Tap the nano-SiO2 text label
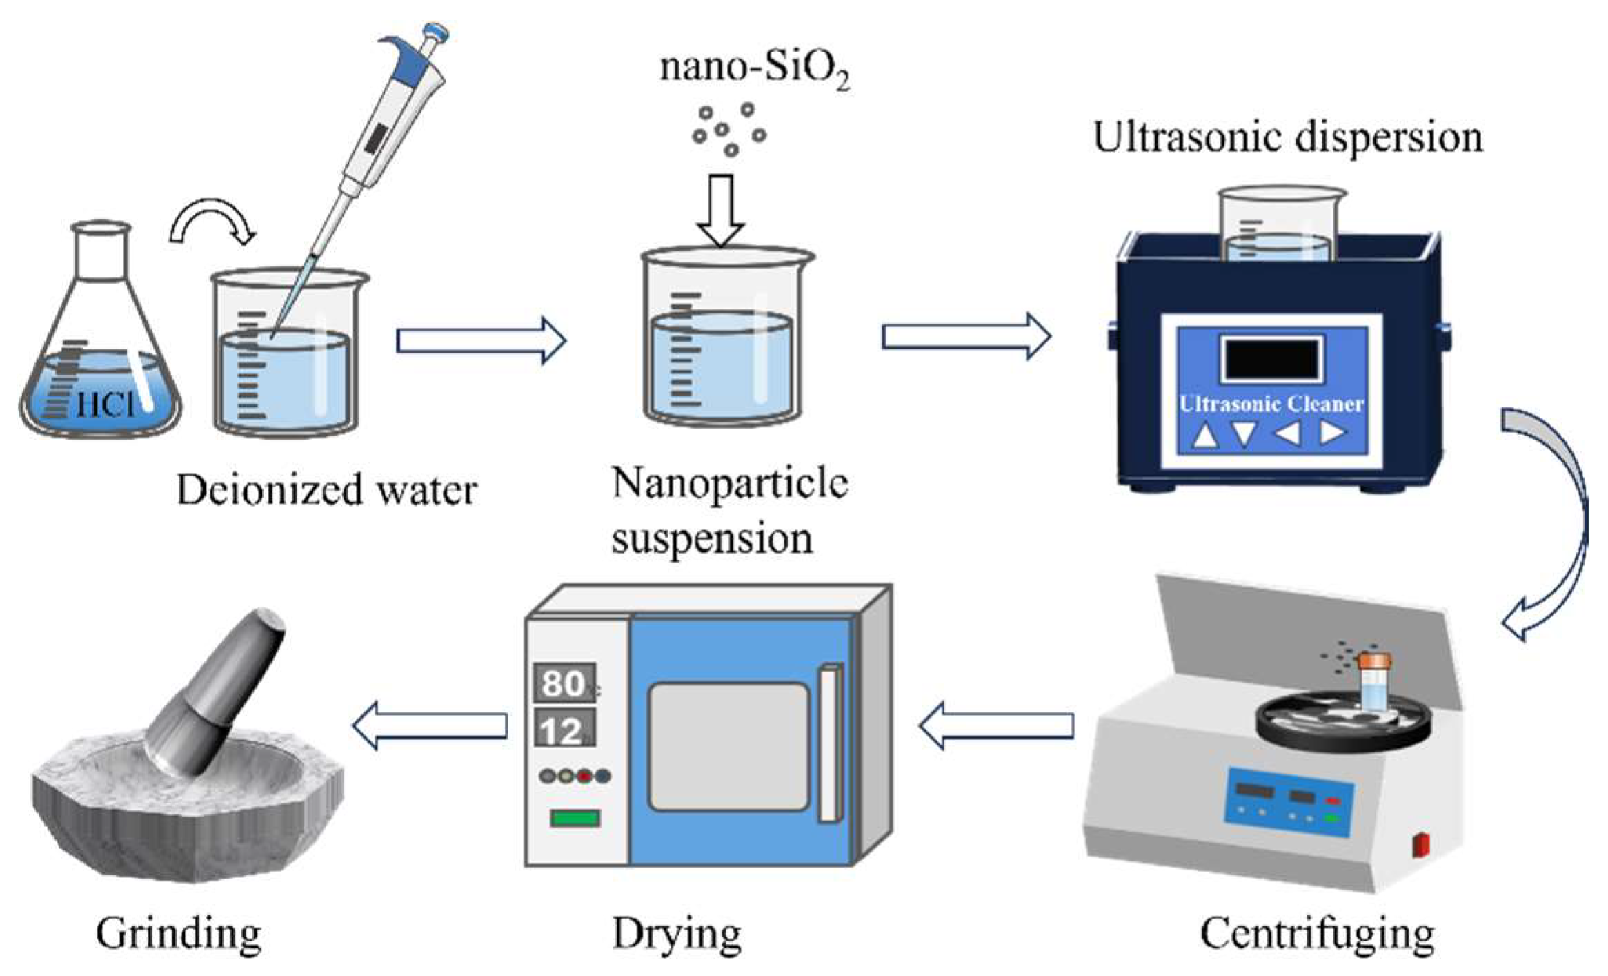point(753,69)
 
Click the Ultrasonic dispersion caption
point(1287,138)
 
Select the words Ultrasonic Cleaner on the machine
point(1271,404)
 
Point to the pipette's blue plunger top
point(436,32)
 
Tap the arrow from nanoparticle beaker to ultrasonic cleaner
point(966,336)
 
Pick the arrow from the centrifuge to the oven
point(997,725)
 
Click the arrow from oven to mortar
point(430,725)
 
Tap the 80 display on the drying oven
point(564,683)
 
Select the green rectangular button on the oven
point(575,819)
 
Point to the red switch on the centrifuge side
point(1421,845)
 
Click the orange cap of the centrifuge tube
point(1375,661)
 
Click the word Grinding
point(179,934)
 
